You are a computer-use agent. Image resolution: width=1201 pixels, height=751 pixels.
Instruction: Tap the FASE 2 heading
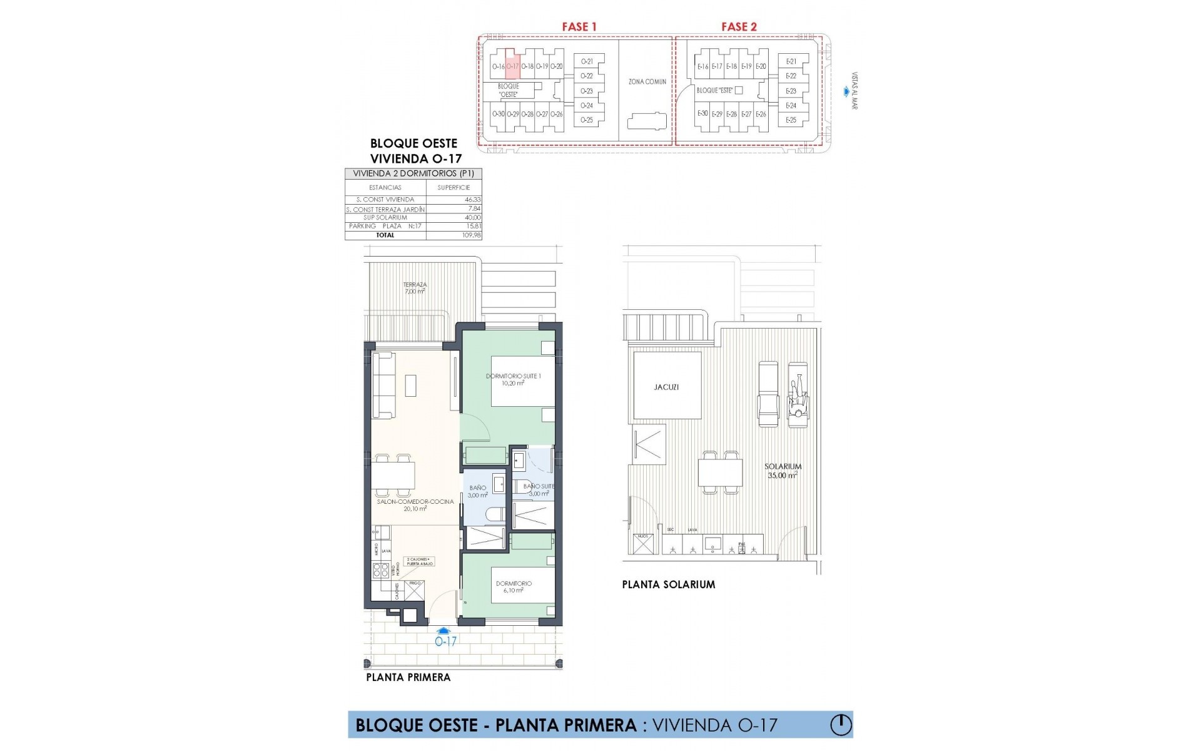739,26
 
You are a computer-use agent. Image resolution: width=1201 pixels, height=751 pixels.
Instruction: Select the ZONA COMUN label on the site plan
647,82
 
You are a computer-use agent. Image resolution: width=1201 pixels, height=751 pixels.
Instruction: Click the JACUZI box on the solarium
666,386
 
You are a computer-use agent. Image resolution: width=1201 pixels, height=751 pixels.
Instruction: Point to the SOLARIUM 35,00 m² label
783,471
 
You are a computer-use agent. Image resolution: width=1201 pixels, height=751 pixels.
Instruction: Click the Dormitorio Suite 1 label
513,379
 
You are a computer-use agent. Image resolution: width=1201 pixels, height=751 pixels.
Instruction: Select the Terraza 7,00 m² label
415,288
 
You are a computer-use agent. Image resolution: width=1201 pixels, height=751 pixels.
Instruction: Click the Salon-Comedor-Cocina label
415,505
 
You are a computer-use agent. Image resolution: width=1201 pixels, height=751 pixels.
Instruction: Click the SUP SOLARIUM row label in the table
385,218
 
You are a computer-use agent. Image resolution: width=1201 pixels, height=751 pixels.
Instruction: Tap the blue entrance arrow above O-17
443,631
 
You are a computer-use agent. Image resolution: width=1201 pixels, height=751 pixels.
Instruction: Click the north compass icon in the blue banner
841,725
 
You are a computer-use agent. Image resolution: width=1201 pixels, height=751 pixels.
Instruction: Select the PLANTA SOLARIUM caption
668,585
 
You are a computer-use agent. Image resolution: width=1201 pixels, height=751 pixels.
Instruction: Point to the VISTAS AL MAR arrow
846,92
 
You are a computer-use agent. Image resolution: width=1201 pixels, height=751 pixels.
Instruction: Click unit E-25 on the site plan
791,120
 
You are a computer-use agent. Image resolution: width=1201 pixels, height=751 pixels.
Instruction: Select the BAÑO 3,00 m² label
477,491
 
